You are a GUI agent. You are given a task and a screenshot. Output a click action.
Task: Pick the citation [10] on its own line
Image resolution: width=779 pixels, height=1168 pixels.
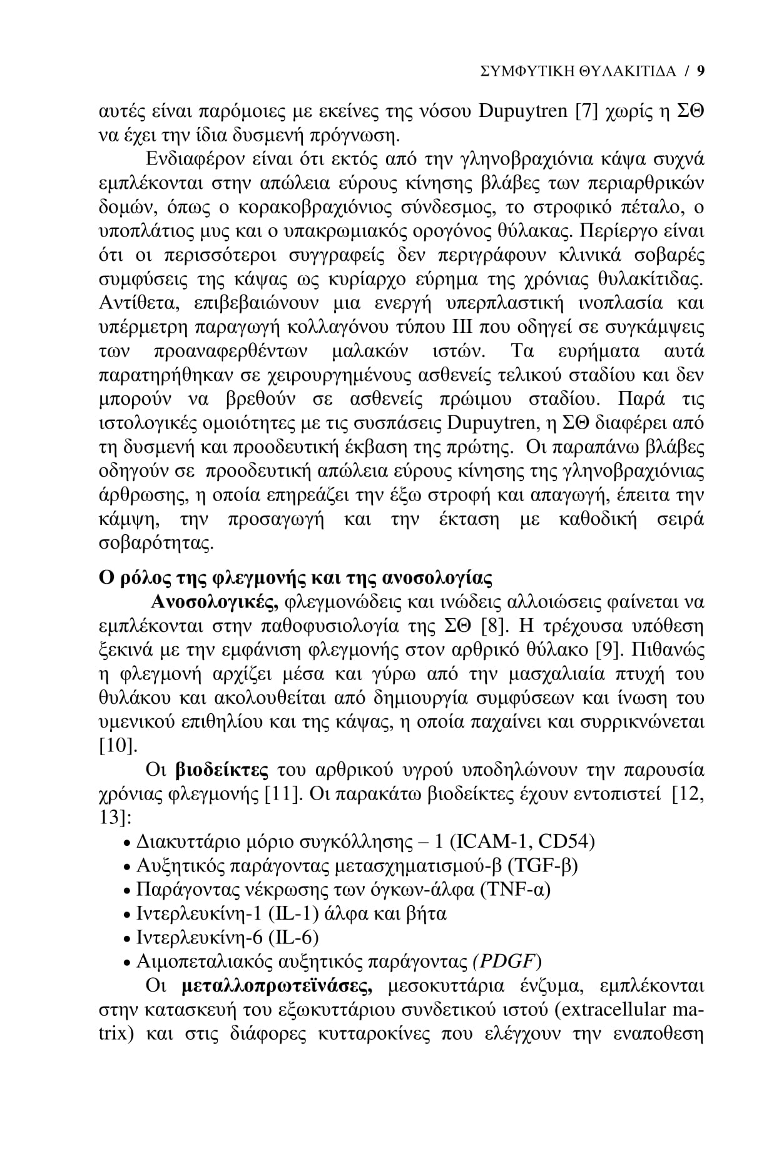[118, 746]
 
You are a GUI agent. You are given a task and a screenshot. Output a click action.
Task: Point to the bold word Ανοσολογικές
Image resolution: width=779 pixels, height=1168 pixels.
[216, 602]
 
